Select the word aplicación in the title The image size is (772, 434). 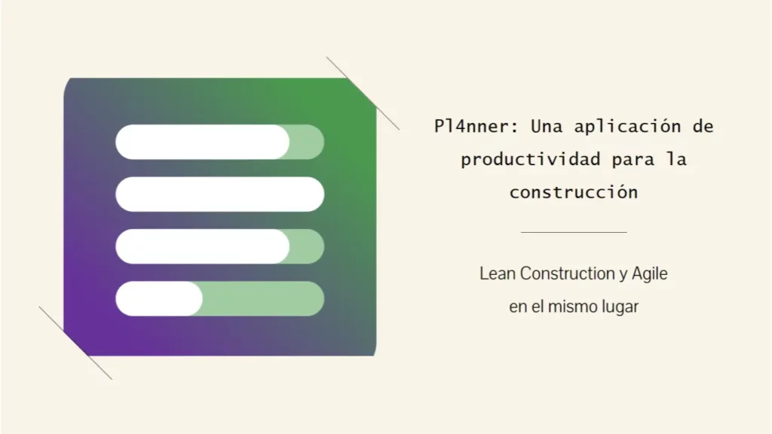coord(628,127)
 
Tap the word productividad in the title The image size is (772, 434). coord(531,160)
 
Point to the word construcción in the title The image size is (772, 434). coord(574,191)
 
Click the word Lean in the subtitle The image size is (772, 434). coord(498,274)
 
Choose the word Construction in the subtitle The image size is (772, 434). coord(568,274)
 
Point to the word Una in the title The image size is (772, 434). coord(547,127)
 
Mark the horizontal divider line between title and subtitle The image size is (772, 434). coord(574,232)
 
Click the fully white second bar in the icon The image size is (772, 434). coord(219,194)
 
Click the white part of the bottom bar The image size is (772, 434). coord(158,298)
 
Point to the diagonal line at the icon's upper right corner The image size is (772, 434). coord(363,93)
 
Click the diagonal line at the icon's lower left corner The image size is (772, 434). coord(75,343)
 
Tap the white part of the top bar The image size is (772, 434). coord(202,142)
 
